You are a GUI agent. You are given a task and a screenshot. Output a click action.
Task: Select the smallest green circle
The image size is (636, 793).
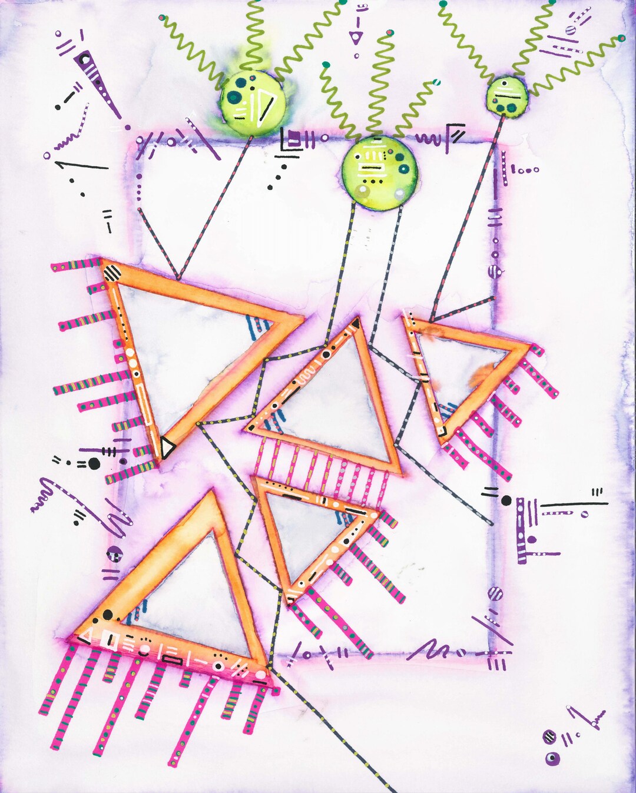[507, 95]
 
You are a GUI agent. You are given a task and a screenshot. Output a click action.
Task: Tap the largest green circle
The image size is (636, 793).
[380, 172]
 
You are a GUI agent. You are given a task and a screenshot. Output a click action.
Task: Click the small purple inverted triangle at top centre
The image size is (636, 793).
[355, 38]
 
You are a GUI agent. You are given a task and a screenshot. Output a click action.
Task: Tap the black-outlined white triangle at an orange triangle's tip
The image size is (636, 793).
[167, 447]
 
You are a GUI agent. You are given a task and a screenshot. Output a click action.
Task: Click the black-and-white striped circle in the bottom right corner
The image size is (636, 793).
[549, 737]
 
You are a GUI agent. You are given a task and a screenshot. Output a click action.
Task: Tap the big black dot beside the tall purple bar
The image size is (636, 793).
[506, 500]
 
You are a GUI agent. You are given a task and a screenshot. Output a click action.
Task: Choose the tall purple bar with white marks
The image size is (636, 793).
[521, 530]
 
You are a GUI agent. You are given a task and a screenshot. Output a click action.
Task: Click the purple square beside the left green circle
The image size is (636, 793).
[293, 138]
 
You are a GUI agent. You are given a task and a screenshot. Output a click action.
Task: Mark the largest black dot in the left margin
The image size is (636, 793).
[94, 463]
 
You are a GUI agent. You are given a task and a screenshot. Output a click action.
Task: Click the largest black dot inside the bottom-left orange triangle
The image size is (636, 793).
[107, 615]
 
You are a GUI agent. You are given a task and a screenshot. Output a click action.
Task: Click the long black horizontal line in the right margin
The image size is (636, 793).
[574, 504]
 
